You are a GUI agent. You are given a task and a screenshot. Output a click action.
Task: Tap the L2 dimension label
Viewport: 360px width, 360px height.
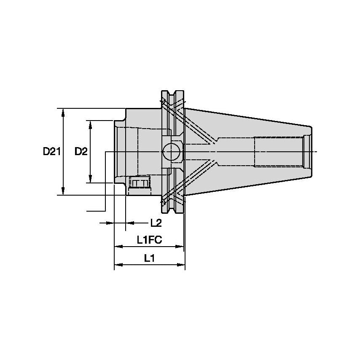pos(156,222)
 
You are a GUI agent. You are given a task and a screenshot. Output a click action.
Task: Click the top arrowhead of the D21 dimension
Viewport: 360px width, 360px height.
pos(63,112)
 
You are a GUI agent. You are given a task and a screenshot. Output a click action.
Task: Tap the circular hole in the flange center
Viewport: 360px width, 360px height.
pos(172,151)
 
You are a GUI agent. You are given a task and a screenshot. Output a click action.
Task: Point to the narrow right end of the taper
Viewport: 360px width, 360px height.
pos(310,151)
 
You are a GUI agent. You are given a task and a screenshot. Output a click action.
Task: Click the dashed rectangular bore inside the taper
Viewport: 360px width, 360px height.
pos(278,151)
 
